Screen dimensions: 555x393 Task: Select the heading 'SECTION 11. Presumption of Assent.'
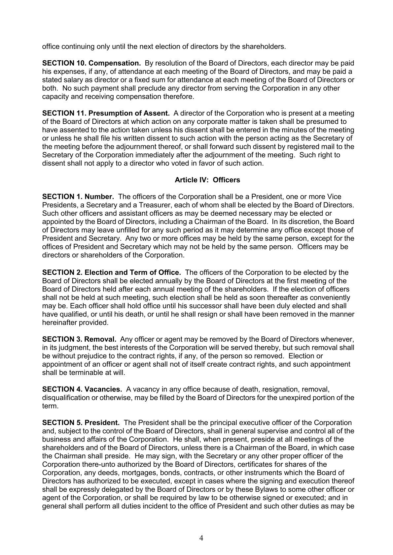point(106,113)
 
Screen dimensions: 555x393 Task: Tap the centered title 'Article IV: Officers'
point(207,180)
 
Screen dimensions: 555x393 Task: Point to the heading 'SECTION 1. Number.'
point(78,197)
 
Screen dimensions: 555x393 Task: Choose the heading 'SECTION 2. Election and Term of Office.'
point(112,272)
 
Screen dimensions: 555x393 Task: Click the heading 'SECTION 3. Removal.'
point(79,339)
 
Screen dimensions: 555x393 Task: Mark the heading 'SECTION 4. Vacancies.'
point(82,389)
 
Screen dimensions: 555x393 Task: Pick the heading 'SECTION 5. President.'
point(81,422)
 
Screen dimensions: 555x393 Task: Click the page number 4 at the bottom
point(201,538)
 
